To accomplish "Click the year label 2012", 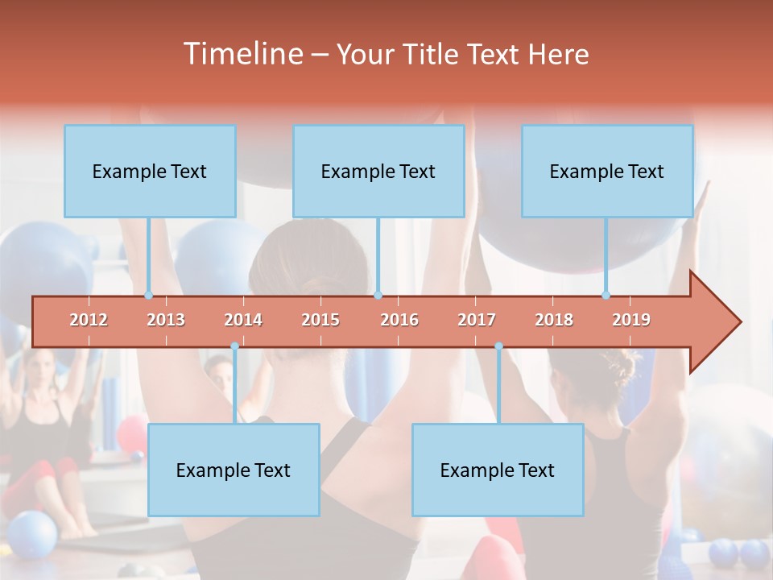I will pos(89,320).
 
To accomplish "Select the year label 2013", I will pos(166,320).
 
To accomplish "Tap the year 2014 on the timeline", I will pos(243,320).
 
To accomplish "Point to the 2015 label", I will pos(320,320).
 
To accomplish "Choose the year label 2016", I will pos(399,320).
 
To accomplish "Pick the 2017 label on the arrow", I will pos(477,320).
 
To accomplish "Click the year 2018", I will pos(554,320).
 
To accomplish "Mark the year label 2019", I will pos(631,320).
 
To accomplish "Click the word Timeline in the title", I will pos(242,54).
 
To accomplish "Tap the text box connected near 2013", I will pos(150,171).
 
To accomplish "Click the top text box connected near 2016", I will pos(378,171).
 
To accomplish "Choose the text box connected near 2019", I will pos(607,171).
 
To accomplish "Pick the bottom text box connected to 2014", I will pos(234,470).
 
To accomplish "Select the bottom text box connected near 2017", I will pos(498,470).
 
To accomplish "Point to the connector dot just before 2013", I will pos(148,296).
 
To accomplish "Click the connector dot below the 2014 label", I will pos(234,346).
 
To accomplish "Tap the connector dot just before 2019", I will pos(606,296).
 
